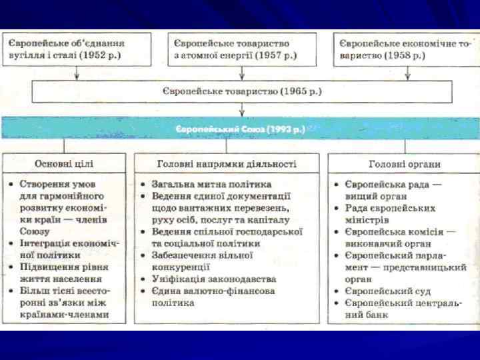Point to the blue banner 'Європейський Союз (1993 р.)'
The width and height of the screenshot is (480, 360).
point(240,128)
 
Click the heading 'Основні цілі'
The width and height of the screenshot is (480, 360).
point(64,163)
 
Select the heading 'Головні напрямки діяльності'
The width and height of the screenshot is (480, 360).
point(227,163)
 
